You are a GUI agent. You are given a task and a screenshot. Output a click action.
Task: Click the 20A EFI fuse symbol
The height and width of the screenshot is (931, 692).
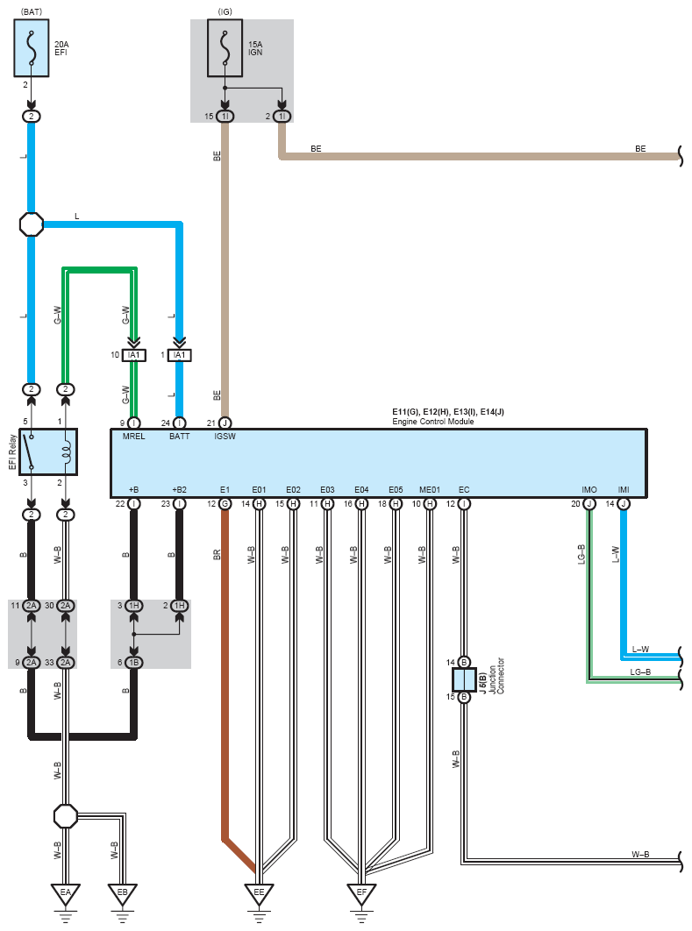tap(32, 48)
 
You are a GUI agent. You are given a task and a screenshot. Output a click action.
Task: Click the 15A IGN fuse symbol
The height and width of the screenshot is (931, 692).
tap(225, 48)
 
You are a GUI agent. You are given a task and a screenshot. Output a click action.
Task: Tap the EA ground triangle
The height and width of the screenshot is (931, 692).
tap(65, 893)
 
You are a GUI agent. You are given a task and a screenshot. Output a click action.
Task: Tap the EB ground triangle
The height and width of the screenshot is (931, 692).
tap(123, 893)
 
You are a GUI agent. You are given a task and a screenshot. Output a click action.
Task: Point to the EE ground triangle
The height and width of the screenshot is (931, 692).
tap(259, 893)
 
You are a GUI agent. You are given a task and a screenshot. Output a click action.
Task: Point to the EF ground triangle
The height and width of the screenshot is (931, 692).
tap(361, 893)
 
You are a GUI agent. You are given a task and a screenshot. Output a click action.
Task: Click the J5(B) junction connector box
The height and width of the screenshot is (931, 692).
tap(464, 679)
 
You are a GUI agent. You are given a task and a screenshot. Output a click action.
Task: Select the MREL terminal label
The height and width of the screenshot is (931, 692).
tap(133, 437)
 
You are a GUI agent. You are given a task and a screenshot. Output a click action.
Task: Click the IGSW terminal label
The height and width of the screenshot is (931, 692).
tap(225, 437)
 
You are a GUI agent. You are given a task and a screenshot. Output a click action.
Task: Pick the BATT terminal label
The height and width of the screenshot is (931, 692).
tap(180, 437)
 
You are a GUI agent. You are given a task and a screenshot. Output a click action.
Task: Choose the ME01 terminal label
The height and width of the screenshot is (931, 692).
tap(430, 490)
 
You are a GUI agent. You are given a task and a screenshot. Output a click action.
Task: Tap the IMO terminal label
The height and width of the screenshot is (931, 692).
tap(589, 490)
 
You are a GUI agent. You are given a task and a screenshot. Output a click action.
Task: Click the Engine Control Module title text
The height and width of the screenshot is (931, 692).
tap(433, 422)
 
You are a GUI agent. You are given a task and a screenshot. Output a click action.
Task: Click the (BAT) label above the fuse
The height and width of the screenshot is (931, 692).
tap(32, 11)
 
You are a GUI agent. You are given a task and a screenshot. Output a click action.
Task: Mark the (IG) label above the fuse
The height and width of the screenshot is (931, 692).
tap(225, 11)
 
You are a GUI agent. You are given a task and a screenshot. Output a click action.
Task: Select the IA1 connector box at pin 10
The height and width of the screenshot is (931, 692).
tap(133, 355)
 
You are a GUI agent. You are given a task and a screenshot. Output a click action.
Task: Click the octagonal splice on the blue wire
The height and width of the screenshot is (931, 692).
tap(32, 224)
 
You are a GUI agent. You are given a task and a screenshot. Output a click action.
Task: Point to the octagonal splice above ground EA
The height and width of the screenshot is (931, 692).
tap(65, 816)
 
